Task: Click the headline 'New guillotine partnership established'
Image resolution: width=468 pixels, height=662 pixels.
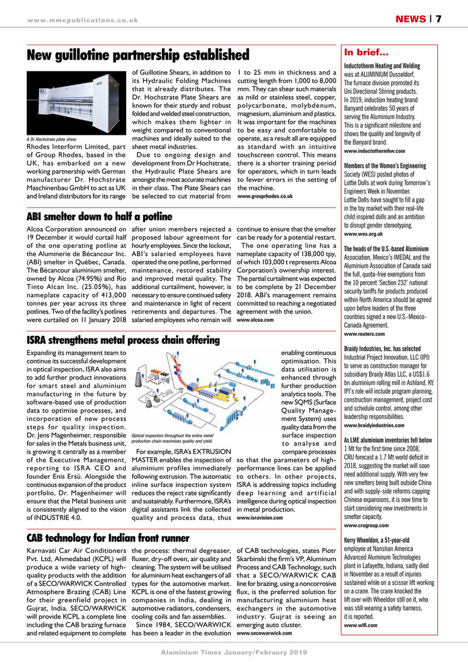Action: coord(138,55)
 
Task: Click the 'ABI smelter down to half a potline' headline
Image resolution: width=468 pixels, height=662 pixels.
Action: coord(100,216)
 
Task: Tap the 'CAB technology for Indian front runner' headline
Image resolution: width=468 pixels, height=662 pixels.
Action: coord(109,538)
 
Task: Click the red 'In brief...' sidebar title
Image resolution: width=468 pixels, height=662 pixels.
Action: coord(366,53)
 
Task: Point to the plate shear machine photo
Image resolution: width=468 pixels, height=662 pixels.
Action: coord(76,102)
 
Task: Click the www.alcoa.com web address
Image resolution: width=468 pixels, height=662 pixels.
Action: coord(255,320)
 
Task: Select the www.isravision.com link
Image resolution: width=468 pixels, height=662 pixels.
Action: coord(260,517)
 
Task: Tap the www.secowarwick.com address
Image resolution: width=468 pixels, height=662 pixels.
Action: coord(264,633)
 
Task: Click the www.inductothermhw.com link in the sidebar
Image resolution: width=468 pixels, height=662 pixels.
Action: coord(375,151)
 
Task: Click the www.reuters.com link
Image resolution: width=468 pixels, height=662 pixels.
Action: coord(364,334)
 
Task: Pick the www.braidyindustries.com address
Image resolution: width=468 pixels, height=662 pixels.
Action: coord(378,425)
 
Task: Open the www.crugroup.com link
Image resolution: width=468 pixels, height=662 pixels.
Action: coord(367,525)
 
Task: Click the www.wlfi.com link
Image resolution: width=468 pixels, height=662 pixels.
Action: coord(361,625)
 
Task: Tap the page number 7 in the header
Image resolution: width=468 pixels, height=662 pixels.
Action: coord(439,19)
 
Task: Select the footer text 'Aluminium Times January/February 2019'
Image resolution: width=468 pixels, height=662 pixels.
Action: coord(234,652)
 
